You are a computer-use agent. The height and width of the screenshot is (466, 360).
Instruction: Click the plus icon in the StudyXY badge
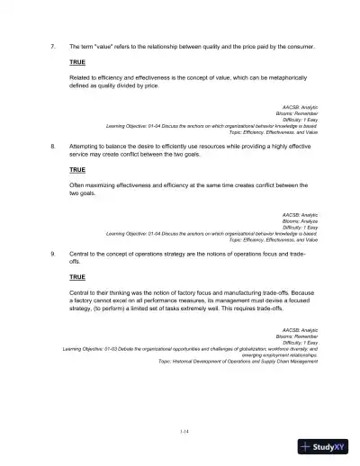coord(310,445)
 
